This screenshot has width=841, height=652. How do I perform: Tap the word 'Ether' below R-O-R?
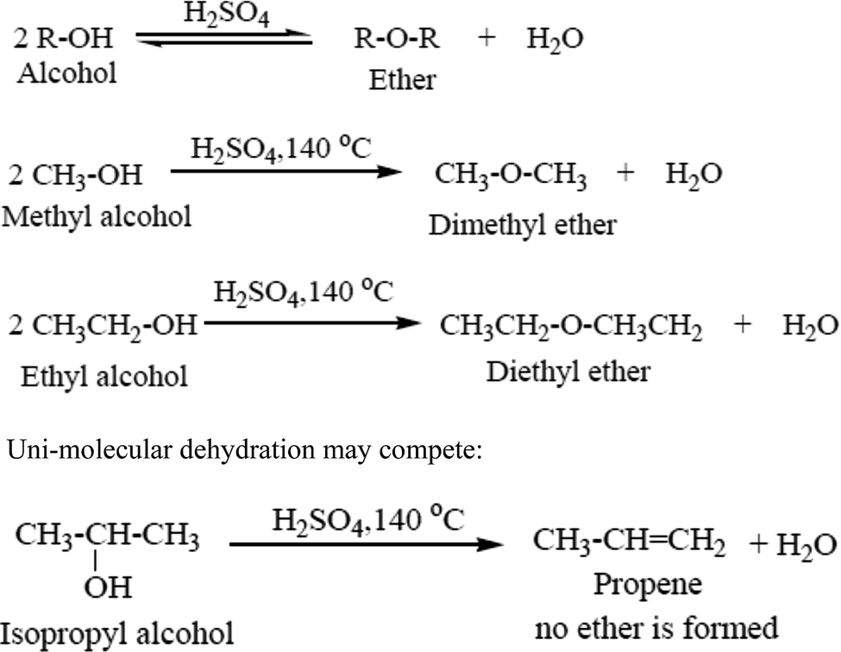402,80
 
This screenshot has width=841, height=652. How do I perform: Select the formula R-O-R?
401,41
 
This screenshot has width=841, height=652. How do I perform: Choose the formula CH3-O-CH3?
511,176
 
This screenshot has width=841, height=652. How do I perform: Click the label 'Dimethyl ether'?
523,225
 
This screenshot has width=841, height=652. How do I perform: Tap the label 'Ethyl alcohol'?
100,375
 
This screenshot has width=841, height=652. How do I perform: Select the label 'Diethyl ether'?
568,372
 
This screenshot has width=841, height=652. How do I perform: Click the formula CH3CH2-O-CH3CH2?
571,327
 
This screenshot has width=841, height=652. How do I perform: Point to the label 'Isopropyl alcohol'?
118,635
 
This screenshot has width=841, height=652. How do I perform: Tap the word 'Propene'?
648,584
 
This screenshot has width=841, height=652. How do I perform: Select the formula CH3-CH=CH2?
629,542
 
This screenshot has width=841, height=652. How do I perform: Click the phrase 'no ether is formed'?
656,627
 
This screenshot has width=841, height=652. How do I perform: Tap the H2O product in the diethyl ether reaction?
810,327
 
